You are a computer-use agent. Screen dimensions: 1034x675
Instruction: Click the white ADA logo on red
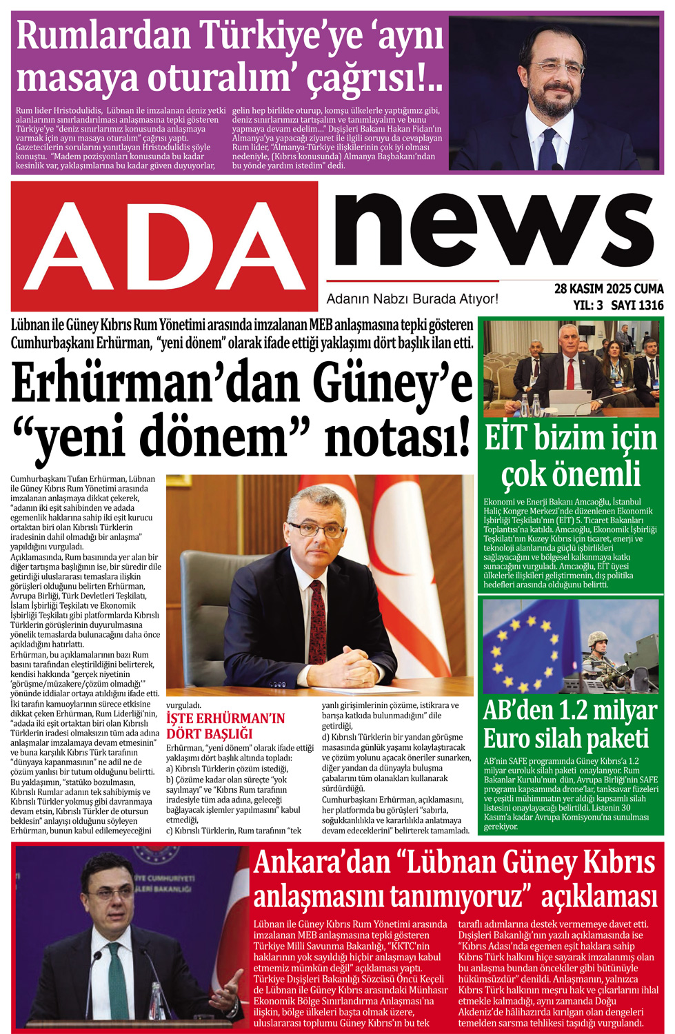tap(164, 245)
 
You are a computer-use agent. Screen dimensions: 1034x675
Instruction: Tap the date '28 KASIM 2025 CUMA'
tap(608, 289)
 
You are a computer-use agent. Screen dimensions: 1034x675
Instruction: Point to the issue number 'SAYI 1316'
tap(637, 305)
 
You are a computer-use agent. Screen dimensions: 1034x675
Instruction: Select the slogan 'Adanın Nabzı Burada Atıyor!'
tap(412, 299)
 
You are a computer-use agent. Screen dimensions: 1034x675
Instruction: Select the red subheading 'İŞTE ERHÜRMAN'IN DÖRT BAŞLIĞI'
tap(225, 726)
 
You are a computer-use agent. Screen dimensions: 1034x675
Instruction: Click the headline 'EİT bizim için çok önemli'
tap(571, 456)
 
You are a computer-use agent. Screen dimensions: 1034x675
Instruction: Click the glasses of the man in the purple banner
tap(556, 68)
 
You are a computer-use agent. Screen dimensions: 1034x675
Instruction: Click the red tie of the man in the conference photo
tap(570, 373)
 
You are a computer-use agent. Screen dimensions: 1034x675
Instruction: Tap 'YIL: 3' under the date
tap(587, 305)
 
